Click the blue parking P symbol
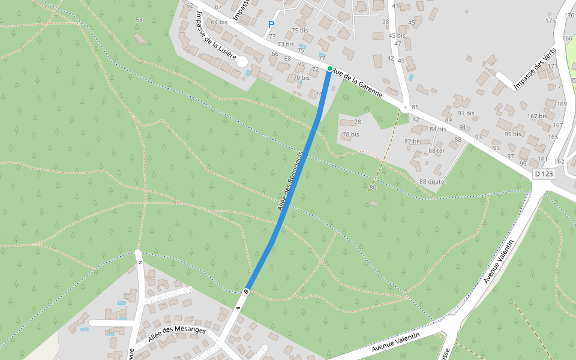point(271,25)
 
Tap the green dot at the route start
point(330,68)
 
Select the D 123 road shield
point(543,174)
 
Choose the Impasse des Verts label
point(536,68)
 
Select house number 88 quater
point(433,181)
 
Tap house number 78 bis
point(350,134)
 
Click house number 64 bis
point(219,22)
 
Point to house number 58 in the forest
point(139,20)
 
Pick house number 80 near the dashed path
point(373,188)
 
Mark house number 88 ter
point(436,151)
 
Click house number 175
point(551,21)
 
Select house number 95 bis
point(512,134)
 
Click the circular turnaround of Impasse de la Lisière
point(242,62)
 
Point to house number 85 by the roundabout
point(415,107)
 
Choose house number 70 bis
point(301,77)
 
